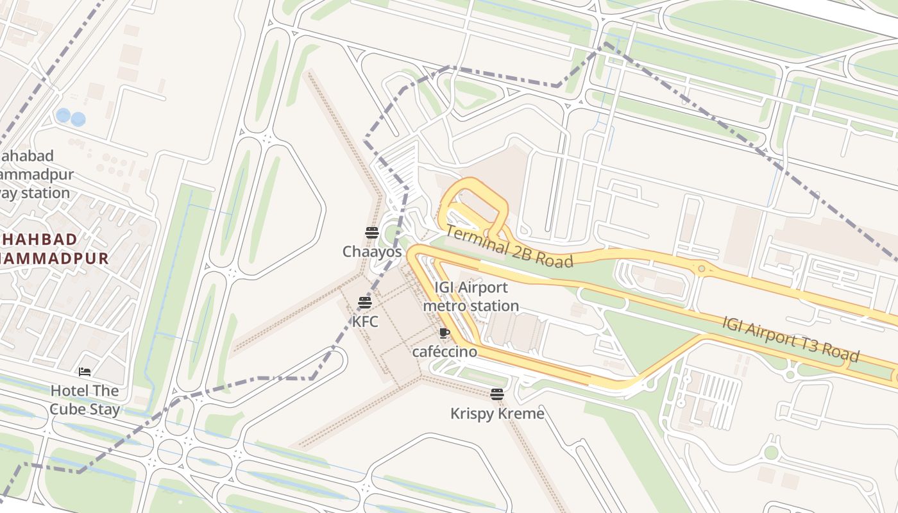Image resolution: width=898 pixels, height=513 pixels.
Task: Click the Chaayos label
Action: [x=372, y=252]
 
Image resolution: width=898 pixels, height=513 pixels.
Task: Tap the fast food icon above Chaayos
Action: [x=372, y=232]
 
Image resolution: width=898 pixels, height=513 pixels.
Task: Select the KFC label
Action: [x=365, y=321]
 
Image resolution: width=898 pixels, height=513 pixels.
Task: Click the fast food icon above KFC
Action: [x=365, y=302]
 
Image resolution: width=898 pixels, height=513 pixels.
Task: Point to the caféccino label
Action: [x=445, y=351]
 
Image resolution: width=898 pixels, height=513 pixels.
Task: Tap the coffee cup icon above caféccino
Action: [x=444, y=333]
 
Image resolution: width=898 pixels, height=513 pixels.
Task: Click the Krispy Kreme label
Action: [x=497, y=414]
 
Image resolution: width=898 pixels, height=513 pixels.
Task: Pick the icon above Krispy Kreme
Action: [x=497, y=394]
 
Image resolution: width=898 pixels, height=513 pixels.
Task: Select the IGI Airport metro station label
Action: [x=471, y=297]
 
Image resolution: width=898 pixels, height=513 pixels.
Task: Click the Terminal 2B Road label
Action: [x=508, y=246]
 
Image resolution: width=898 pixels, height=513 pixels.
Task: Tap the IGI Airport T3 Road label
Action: [x=790, y=339]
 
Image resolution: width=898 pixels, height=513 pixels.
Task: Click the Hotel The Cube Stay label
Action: [x=85, y=400]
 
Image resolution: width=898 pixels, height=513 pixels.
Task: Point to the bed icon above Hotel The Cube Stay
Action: [x=85, y=372]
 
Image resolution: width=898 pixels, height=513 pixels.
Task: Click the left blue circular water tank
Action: [x=63, y=115]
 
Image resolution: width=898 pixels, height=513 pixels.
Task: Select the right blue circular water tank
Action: [x=78, y=119]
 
